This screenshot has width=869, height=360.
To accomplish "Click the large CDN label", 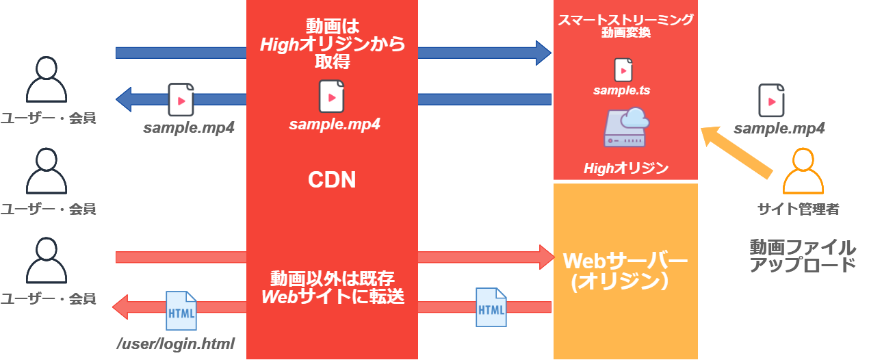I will pyautogui.click(x=332, y=180).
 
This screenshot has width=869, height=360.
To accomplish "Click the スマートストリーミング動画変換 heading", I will pyautogui.click(x=625, y=26).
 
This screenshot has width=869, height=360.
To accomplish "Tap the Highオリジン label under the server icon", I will pyautogui.click(x=625, y=168).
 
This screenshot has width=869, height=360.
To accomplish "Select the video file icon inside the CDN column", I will pyautogui.click(x=332, y=97).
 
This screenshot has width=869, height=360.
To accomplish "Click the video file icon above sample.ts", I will pyautogui.click(x=623, y=70).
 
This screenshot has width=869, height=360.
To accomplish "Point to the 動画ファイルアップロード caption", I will pyautogui.click(x=802, y=256).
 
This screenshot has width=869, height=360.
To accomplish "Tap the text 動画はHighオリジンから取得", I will pyautogui.click(x=333, y=44).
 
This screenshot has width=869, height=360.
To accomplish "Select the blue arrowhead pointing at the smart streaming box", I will pyautogui.click(x=543, y=53).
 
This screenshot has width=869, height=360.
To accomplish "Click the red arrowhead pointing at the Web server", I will pyautogui.click(x=544, y=257).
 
